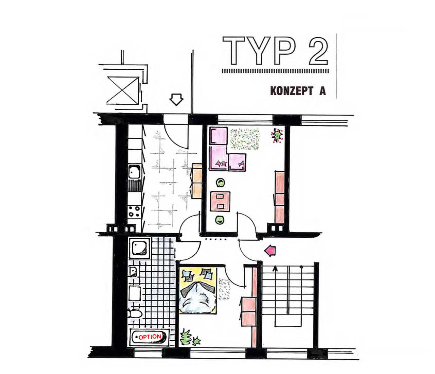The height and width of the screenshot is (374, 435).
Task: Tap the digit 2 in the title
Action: (318, 51)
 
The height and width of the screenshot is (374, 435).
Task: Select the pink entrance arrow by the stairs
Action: (270, 251)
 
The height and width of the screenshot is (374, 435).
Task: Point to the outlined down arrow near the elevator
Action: (176, 99)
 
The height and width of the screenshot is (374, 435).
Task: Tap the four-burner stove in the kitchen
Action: (134, 211)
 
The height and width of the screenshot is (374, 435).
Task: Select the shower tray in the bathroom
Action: (139, 248)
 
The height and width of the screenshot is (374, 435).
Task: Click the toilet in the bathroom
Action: (134, 314)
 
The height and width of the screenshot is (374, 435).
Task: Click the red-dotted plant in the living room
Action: (277, 136)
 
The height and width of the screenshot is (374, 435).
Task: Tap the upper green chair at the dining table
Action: (221, 182)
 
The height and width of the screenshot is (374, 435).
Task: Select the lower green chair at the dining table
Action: (220, 220)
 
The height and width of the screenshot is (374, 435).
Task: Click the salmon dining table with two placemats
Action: (220, 201)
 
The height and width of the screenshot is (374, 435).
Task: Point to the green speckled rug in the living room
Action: (245, 139)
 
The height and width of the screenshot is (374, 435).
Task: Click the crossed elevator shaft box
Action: (123, 90)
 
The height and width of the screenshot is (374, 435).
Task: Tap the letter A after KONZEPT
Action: (322, 91)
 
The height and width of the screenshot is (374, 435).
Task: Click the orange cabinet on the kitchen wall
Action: (196, 181)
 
